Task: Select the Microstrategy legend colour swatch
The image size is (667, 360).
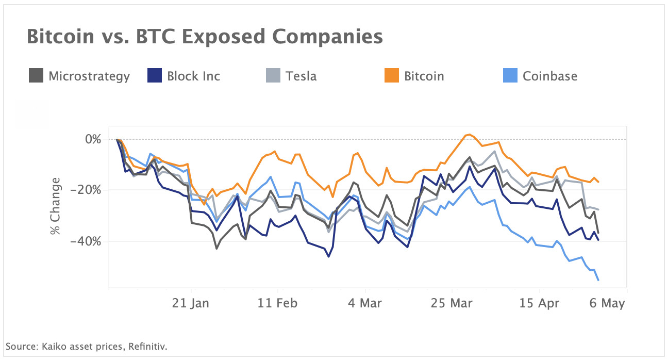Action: click(x=36, y=76)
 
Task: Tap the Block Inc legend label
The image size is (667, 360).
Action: click(x=193, y=76)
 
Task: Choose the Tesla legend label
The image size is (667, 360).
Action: click(x=301, y=76)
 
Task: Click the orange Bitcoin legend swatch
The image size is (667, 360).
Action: click(x=391, y=76)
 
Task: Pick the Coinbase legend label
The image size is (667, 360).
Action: click(x=549, y=76)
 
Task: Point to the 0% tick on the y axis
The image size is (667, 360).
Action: click(x=93, y=139)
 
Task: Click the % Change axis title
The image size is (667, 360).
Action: click(x=55, y=206)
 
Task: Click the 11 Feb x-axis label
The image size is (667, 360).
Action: click(x=277, y=303)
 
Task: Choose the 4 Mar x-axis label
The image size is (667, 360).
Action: click(x=364, y=303)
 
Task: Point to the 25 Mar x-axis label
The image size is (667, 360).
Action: click(x=452, y=303)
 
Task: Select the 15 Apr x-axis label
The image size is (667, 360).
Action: click(x=539, y=303)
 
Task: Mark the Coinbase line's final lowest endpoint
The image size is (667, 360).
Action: click(x=598, y=280)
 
